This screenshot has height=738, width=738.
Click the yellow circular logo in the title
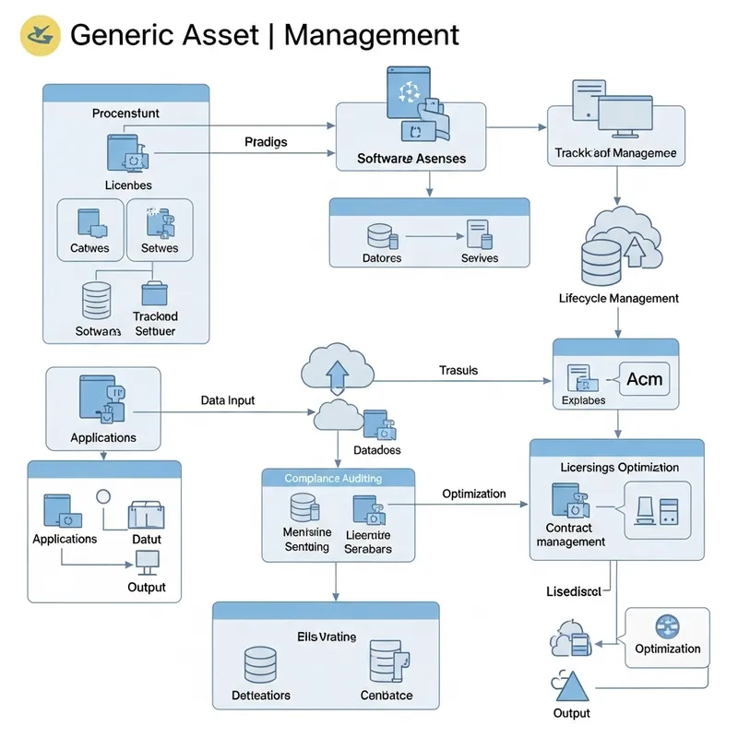40,35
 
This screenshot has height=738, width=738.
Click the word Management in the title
371,35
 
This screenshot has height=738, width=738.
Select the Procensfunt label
125,113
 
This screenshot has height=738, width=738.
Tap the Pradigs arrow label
266,142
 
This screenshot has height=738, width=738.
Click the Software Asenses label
411,159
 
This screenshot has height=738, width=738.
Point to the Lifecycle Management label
618,298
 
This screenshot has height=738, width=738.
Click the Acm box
644,379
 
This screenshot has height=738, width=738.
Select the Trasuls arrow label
458,370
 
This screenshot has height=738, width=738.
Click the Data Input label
227,401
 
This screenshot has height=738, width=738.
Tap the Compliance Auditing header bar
333,478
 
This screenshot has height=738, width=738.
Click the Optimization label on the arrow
473,494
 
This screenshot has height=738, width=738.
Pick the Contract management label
570,535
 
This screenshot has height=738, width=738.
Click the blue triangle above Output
571,686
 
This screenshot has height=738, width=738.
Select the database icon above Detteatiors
260,663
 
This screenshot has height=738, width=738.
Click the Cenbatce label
387,695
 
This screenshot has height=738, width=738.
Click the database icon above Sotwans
96,299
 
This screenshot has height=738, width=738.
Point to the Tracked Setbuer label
154,324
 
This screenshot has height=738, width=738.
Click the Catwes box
89,232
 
